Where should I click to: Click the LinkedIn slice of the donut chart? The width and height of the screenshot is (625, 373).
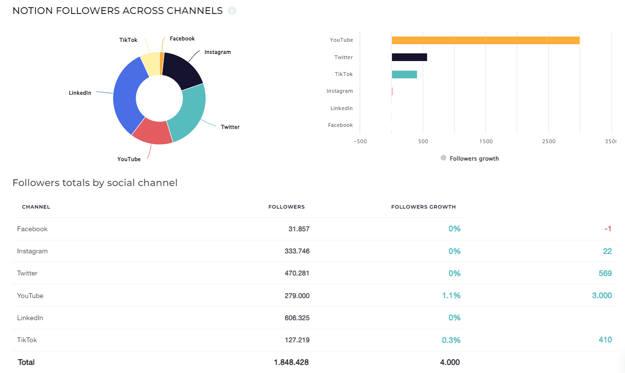point(125,96)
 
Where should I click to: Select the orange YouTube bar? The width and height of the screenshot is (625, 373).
point(485,40)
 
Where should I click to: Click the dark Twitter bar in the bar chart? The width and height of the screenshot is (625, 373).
point(409,57)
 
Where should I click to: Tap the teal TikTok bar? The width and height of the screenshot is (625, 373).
point(404,75)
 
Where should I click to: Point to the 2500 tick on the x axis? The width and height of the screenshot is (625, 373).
point(548,141)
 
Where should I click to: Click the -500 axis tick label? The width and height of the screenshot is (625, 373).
point(360,141)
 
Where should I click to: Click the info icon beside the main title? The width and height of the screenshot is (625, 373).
point(232,11)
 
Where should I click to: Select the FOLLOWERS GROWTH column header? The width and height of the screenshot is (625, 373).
point(423,207)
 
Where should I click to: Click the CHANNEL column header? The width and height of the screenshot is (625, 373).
point(36,207)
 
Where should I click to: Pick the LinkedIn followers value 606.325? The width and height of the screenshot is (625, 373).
point(297,318)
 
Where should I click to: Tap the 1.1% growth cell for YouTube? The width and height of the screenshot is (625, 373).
point(451,296)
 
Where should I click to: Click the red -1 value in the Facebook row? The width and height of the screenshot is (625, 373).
point(608,229)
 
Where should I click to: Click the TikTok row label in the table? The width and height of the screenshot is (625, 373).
point(27,340)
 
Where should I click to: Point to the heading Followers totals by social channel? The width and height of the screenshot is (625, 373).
point(95,183)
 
